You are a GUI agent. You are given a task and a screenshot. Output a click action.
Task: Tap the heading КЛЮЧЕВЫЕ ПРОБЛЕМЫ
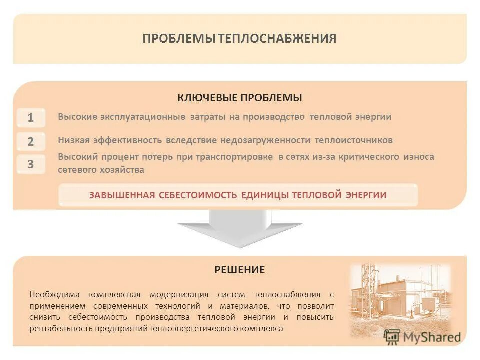[x=240, y=98]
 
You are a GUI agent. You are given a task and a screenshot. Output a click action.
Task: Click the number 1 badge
[x=31, y=118]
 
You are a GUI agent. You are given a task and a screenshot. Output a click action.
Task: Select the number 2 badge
[x=31, y=142]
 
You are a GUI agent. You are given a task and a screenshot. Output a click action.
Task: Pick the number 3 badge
[x=31, y=164]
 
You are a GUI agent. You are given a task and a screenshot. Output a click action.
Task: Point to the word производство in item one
[x=274, y=117]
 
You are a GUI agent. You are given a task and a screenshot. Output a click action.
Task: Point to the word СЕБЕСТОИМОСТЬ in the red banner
[x=198, y=195]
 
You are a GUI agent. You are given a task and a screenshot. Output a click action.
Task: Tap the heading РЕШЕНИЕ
[x=240, y=270]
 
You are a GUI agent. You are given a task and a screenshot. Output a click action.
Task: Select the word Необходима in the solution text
[x=52, y=294]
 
